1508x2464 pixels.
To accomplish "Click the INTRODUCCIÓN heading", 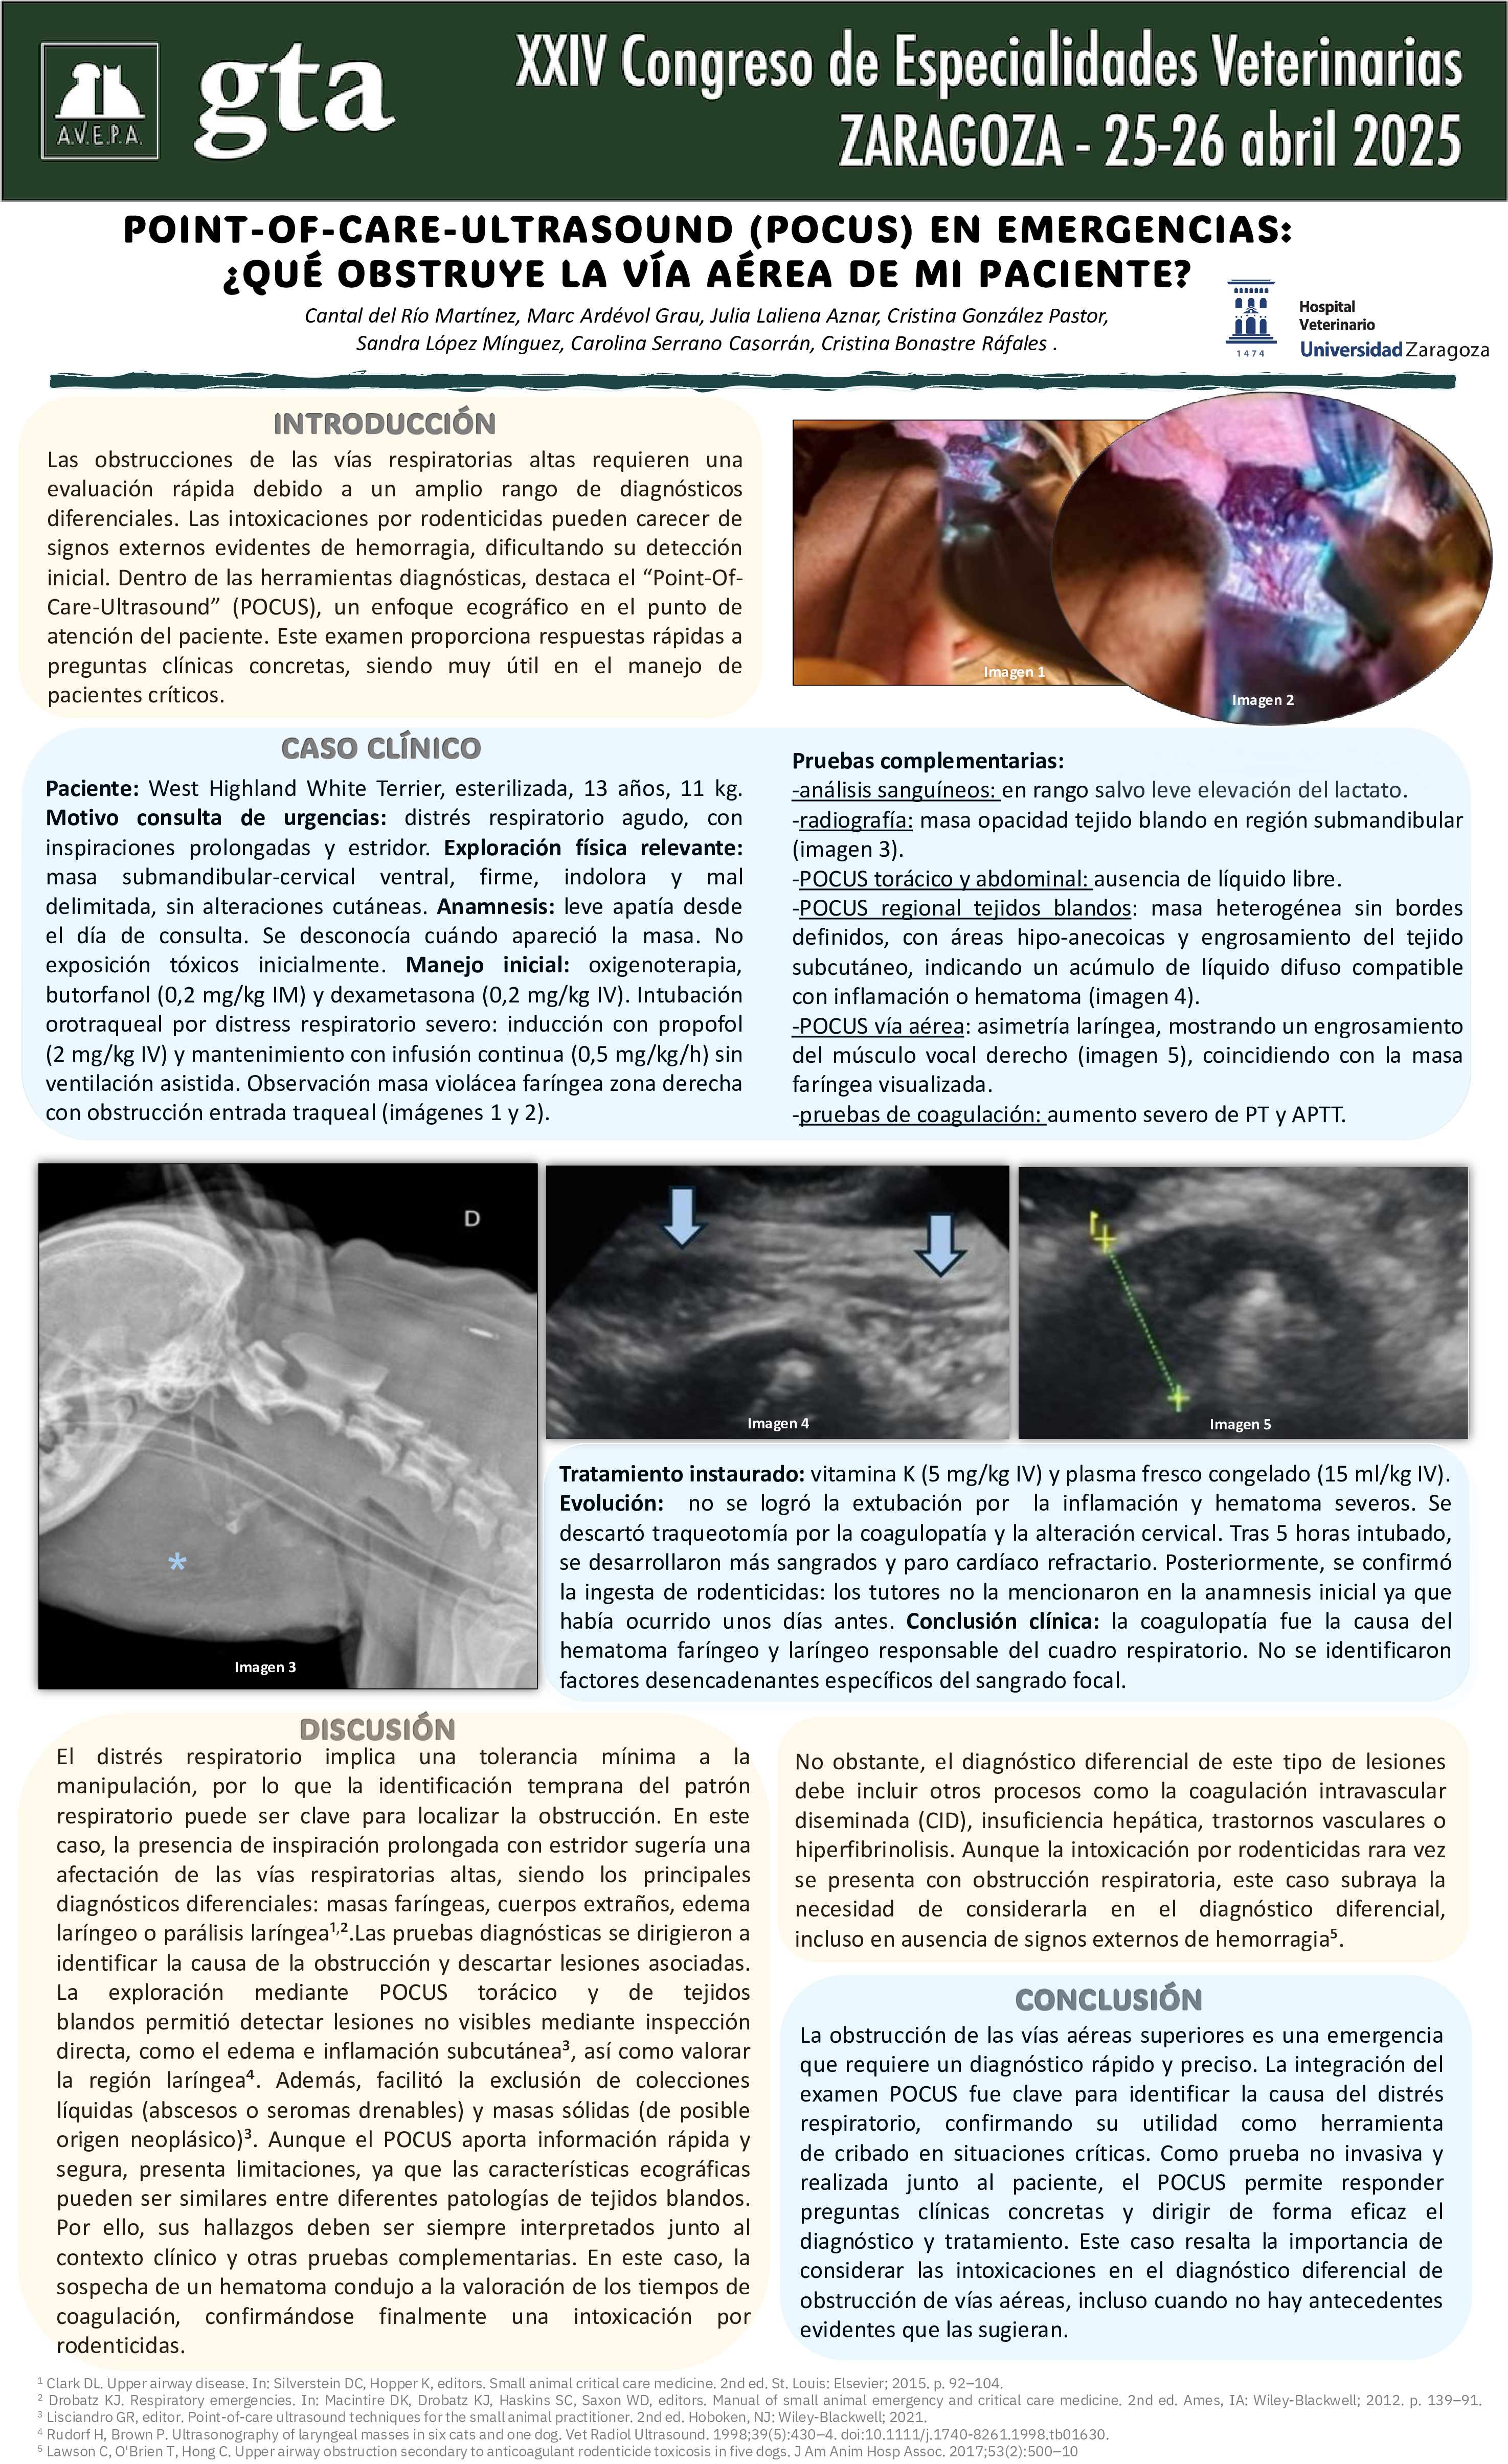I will pyautogui.click(x=384, y=424).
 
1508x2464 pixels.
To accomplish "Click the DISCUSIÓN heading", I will pyautogui.click(x=377, y=1729).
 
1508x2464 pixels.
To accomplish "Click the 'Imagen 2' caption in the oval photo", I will pyautogui.click(x=1262, y=700).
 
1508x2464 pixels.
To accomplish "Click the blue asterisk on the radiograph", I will pyautogui.click(x=177, y=1562).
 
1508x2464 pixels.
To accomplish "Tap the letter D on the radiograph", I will pyautogui.click(x=472, y=1218).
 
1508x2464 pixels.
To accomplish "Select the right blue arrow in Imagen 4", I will pyautogui.click(x=940, y=1244).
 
